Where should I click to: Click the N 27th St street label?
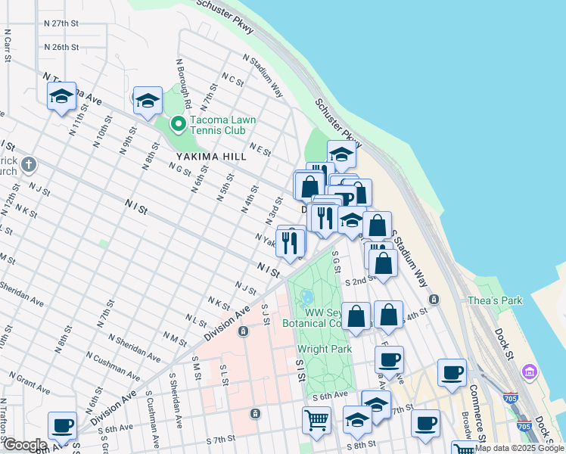click(61, 23)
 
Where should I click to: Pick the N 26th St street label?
click(61, 47)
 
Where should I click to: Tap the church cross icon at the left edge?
click(28, 163)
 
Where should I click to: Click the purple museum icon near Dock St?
click(530, 372)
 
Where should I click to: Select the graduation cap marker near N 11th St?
click(62, 97)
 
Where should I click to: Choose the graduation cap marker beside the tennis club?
click(148, 101)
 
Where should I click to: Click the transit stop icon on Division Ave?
click(243, 331)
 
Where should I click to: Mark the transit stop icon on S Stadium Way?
click(434, 299)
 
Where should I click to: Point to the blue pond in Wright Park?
click(307, 298)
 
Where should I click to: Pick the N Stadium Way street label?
click(263, 76)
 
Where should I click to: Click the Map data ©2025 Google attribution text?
click(519, 448)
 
